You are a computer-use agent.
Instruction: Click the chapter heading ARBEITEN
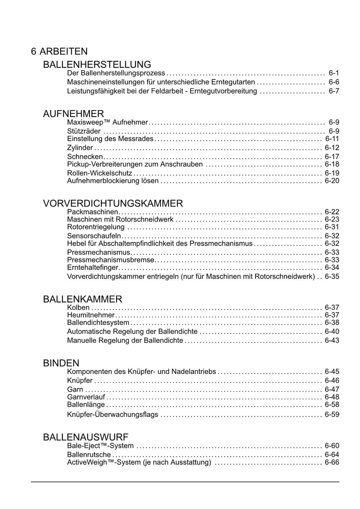click(x=63, y=51)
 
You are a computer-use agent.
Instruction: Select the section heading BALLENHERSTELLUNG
click(x=97, y=64)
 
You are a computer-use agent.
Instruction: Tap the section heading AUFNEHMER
click(x=73, y=114)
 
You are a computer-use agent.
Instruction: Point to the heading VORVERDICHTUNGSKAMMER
click(x=113, y=203)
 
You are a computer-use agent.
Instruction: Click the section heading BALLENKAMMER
click(x=83, y=299)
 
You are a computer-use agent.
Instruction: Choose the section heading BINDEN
click(x=61, y=363)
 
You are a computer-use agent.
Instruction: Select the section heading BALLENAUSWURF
click(x=86, y=437)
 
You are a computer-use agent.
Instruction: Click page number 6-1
click(x=334, y=73)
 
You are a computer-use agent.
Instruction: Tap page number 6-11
click(x=332, y=139)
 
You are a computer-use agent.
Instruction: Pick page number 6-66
click(x=332, y=462)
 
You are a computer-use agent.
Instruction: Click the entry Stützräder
click(x=84, y=131)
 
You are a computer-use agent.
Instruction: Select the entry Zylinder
click(x=80, y=148)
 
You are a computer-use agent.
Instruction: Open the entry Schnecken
click(x=85, y=157)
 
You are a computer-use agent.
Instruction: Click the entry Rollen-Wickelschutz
click(x=99, y=173)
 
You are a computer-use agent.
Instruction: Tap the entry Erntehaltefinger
click(x=93, y=268)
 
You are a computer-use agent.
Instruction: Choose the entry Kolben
click(x=78, y=307)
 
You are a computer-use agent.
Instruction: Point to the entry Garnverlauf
click(x=86, y=397)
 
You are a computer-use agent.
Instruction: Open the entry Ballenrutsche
click(x=89, y=454)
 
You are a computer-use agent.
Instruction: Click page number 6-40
click(x=332, y=331)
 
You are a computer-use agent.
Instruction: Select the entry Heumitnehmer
click(x=91, y=315)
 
